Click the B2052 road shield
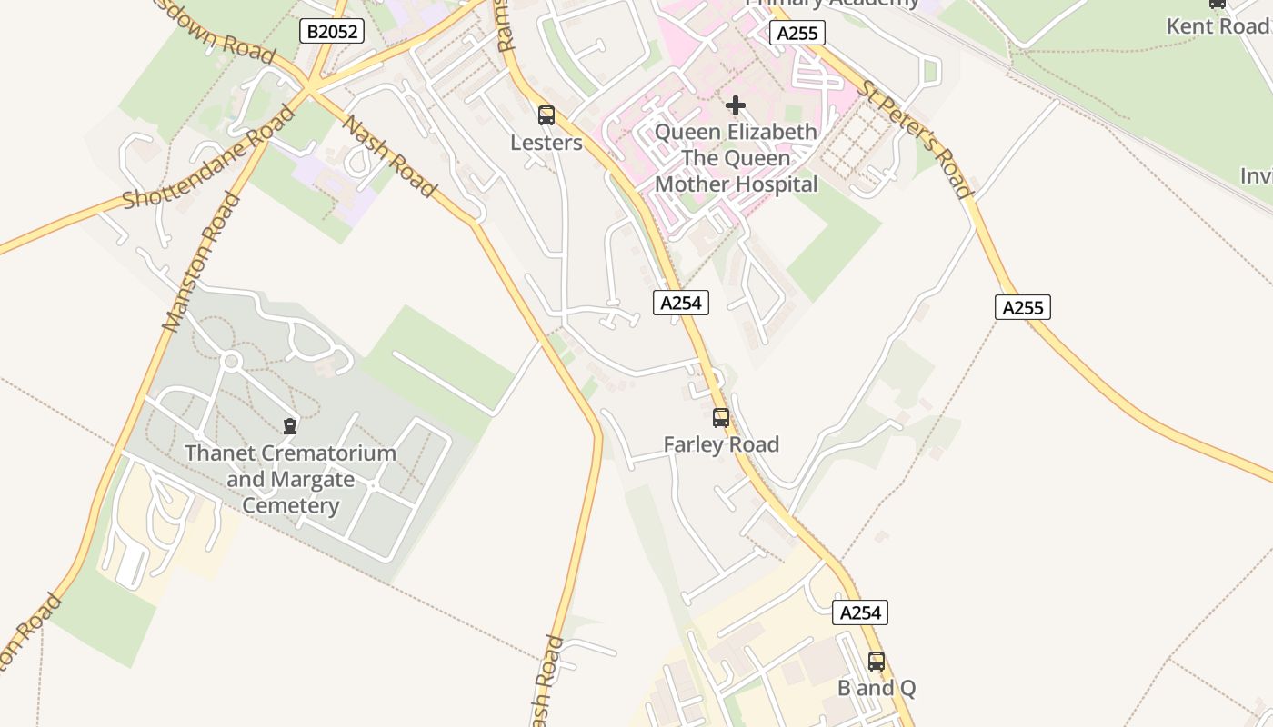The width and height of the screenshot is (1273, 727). pyautogui.click(x=332, y=32)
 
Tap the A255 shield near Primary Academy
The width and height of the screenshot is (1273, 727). pyautogui.click(x=797, y=34)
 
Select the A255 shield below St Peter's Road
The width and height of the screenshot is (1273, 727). pyautogui.click(x=1022, y=307)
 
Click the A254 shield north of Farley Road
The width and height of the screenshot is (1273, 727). pyautogui.click(x=680, y=303)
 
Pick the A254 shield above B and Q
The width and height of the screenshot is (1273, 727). pyautogui.click(x=859, y=612)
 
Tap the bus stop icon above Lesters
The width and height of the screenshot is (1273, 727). pyautogui.click(x=546, y=115)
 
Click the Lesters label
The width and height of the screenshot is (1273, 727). pyautogui.click(x=546, y=143)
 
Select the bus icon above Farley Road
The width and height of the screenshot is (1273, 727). pyautogui.click(x=721, y=418)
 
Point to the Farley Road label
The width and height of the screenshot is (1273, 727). pyautogui.click(x=721, y=444)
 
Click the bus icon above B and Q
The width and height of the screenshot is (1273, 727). pyautogui.click(x=877, y=662)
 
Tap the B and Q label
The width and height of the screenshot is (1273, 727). pyautogui.click(x=877, y=688)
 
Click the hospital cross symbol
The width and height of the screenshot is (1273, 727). pyautogui.click(x=736, y=106)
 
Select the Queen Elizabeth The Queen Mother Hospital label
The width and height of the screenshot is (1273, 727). pyautogui.click(x=737, y=158)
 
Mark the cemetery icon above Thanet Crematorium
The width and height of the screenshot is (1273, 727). pyautogui.click(x=290, y=425)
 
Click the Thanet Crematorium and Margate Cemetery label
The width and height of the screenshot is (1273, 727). pyautogui.click(x=290, y=479)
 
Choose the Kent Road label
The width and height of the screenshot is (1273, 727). pyautogui.click(x=1218, y=25)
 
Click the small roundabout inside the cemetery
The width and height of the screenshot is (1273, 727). pyautogui.click(x=231, y=362)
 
